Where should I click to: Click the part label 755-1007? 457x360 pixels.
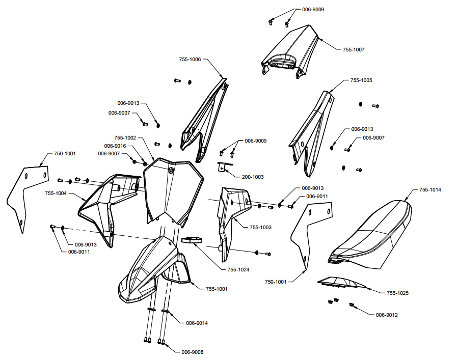[x=354, y=50]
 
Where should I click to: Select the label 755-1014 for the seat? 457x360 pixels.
[x=430, y=190]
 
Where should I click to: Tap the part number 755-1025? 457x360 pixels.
[x=397, y=293]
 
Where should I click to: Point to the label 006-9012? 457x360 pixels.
[x=387, y=315]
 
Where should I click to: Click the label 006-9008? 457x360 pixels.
[x=193, y=352]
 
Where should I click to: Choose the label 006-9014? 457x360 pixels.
[x=197, y=323]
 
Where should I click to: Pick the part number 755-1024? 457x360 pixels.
[x=238, y=270]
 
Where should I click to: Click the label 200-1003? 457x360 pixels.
[x=253, y=177]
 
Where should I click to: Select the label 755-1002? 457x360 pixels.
[x=125, y=138]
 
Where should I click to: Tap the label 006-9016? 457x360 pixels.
[x=115, y=146]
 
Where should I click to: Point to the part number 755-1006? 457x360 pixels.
[x=190, y=60]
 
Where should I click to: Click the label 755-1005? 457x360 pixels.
[x=361, y=80]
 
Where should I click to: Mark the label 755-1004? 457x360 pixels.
[x=56, y=193]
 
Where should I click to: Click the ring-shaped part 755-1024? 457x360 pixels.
[x=192, y=239]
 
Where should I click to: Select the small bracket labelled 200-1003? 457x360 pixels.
[x=223, y=167]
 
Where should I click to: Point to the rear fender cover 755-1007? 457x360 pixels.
[x=290, y=51]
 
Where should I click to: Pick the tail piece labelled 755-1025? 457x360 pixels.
[x=342, y=282]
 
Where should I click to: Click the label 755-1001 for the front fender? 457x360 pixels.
[x=217, y=289]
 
